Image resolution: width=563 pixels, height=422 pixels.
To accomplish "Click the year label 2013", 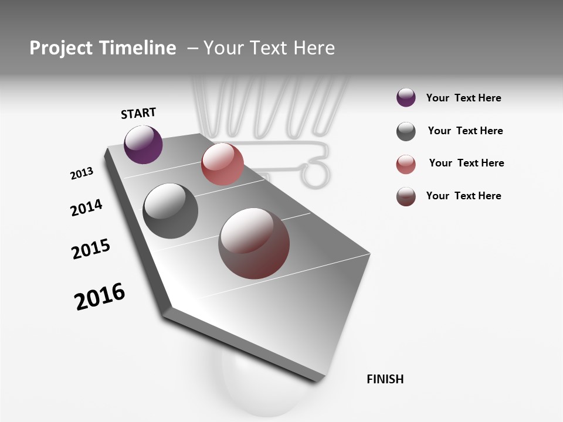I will (x=82, y=173).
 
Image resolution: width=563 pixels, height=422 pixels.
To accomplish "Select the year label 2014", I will (x=86, y=208).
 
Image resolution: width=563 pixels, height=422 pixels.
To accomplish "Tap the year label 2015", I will (x=91, y=249).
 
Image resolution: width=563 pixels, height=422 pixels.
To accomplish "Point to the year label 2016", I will (x=100, y=297).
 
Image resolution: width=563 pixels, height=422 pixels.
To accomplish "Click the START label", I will (x=138, y=113).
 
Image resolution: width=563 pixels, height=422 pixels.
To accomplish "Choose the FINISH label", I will (x=385, y=379).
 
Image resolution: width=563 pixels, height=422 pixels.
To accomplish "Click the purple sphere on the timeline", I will (x=144, y=145).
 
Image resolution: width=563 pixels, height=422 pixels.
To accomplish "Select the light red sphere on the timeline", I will (x=222, y=164).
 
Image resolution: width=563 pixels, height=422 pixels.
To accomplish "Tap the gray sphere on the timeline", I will (x=171, y=211).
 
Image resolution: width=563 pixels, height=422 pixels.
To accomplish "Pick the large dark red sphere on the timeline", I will (x=254, y=243).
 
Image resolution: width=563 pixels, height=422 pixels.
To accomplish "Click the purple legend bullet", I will (x=406, y=98).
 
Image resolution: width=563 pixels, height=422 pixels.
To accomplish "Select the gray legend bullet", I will (x=406, y=131).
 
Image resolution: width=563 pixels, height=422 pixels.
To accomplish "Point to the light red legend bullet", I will (x=406, y=164).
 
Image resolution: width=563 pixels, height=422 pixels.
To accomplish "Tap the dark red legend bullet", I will (x=406, y=196).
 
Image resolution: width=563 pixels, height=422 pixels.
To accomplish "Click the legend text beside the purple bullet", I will (x=463, y=98).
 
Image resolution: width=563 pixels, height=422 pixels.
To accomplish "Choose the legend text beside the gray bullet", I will (x=465, y=131).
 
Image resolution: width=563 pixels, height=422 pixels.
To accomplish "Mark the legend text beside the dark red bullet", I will (x=463, y=196).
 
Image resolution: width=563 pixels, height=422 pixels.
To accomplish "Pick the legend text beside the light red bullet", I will (x=466, y=163).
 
